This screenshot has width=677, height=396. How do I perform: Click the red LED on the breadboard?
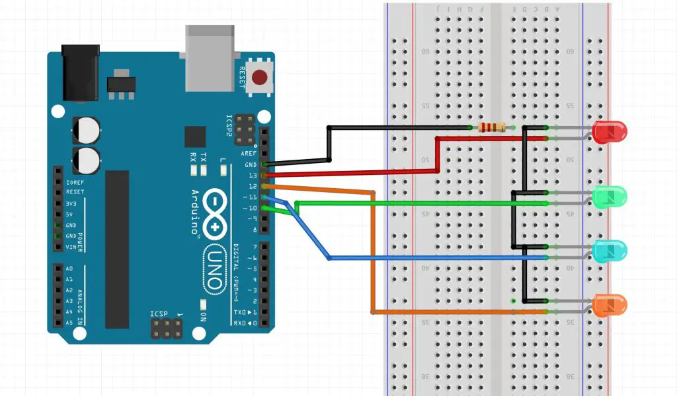coord(610,133)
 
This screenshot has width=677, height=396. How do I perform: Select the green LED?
coord(610,197)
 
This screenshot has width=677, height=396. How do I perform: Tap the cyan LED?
coord(610,251)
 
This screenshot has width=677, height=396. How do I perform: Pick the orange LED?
coord(610,305)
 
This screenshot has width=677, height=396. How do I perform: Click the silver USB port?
coord(210,58)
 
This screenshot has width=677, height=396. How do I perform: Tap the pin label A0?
coord(69,269)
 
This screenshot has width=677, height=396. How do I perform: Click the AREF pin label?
coord(248,153)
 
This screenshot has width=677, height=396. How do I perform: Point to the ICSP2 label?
coord(229,126)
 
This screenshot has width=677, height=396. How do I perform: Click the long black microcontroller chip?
coord(117,249)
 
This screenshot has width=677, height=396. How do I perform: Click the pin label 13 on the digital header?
coord(252,176)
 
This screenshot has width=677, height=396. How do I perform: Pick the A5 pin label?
coord(69,323)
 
